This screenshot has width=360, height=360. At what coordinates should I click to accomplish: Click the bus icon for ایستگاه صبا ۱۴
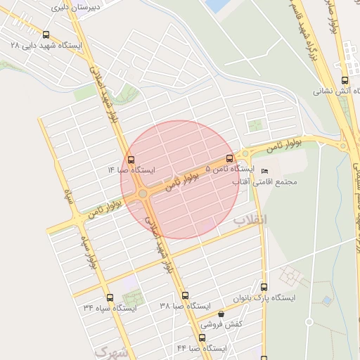[131, 160]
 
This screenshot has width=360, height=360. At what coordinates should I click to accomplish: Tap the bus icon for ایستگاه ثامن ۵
[229, 159]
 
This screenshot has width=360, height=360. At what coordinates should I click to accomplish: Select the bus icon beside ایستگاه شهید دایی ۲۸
[46, 34]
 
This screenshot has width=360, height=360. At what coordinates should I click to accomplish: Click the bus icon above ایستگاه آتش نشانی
[345, 80]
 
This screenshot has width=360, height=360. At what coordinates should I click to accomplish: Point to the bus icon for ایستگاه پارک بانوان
[264, 287]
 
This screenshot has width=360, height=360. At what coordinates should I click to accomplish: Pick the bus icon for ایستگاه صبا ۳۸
[185, 296]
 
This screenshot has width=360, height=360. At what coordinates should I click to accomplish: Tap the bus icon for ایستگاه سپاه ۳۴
[109, 297]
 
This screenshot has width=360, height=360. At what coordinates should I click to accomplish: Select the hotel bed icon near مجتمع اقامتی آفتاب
[264, 172]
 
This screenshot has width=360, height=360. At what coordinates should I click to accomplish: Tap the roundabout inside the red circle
[143, 193]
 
